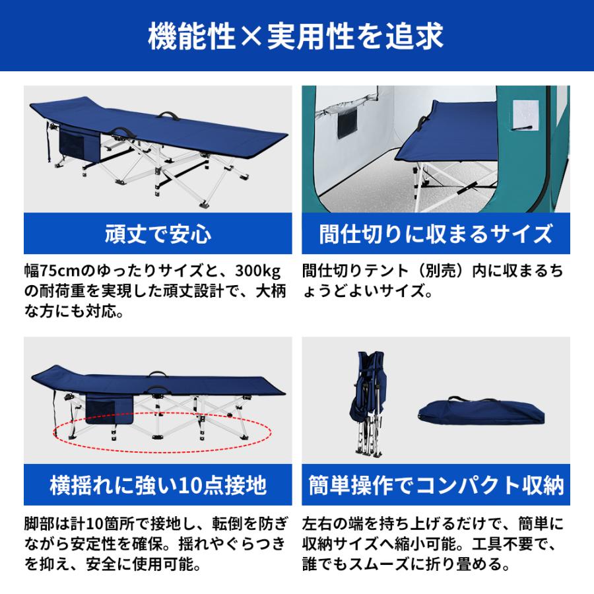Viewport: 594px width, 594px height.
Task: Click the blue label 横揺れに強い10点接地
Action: [x=157, y=486]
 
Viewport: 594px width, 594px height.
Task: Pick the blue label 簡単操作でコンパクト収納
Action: [x=436, y=486]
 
